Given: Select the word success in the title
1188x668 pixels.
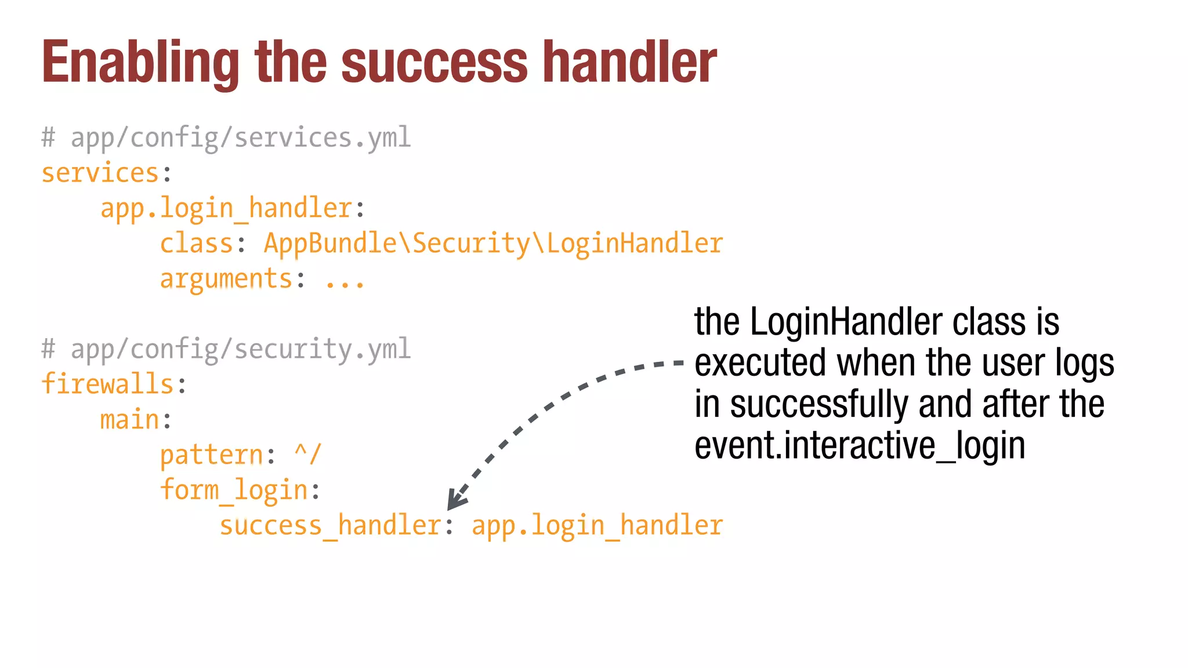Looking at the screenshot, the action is click(434, 63).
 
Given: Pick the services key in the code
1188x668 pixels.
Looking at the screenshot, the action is click(100, 173).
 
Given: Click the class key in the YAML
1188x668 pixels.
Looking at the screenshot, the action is click(196, 244).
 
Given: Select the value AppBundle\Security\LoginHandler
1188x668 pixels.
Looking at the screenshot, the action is click(493, 244).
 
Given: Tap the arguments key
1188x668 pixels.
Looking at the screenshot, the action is click(226, 279).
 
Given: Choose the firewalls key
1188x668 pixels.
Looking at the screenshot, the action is click(107, 384).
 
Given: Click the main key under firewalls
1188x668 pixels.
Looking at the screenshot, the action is click(129, 420).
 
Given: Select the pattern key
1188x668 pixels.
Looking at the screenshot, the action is click(211, 455).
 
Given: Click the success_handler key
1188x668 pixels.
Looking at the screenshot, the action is click(330, 526).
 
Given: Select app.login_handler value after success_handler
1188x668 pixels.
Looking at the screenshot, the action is click(597, 526).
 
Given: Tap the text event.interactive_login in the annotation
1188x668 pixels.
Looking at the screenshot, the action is click(860, 446).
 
